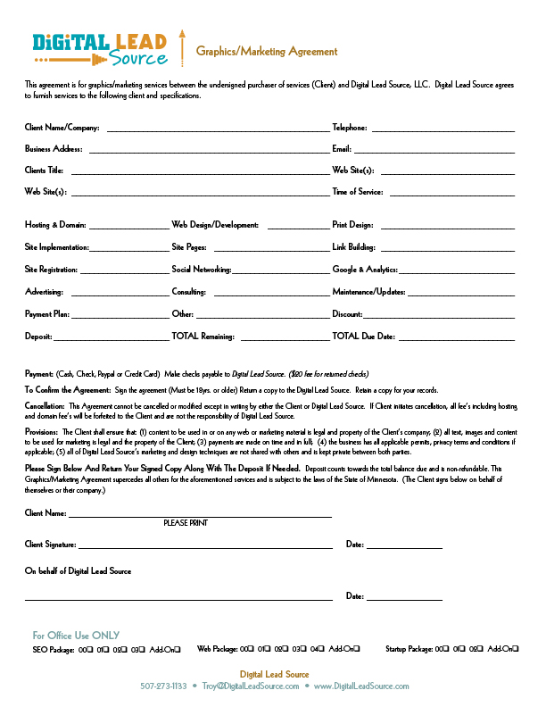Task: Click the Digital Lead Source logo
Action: pos(99,49)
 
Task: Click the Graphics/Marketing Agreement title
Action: pos(267,52)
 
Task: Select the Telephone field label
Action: pos(350,129)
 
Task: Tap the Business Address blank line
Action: pos(209,151)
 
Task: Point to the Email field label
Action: pos(342,149)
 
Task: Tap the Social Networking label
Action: pos(202,270)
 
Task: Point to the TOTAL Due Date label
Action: pos(363,337)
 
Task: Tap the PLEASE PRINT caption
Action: pos(186,523)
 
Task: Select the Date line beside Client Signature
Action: pos(404,546)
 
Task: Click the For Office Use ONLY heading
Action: pos(76,636)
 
